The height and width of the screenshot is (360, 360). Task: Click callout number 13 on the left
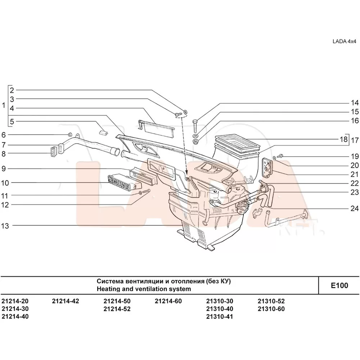click(x=5, y=226)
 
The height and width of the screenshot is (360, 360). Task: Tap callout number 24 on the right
click(x=355, y=208)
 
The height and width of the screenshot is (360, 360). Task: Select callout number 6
click(x=4, y=135)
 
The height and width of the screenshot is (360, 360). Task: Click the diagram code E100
click(x=339, y=285)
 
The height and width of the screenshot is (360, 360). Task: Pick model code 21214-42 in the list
click(x=65, y=301)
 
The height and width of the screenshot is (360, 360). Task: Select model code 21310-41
click(x=220, y=317)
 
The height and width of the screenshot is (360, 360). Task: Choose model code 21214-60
click(x=168, y=301)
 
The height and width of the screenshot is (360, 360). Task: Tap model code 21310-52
click(x=271, y=301)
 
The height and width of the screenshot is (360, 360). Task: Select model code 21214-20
click(x=15, y=301)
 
